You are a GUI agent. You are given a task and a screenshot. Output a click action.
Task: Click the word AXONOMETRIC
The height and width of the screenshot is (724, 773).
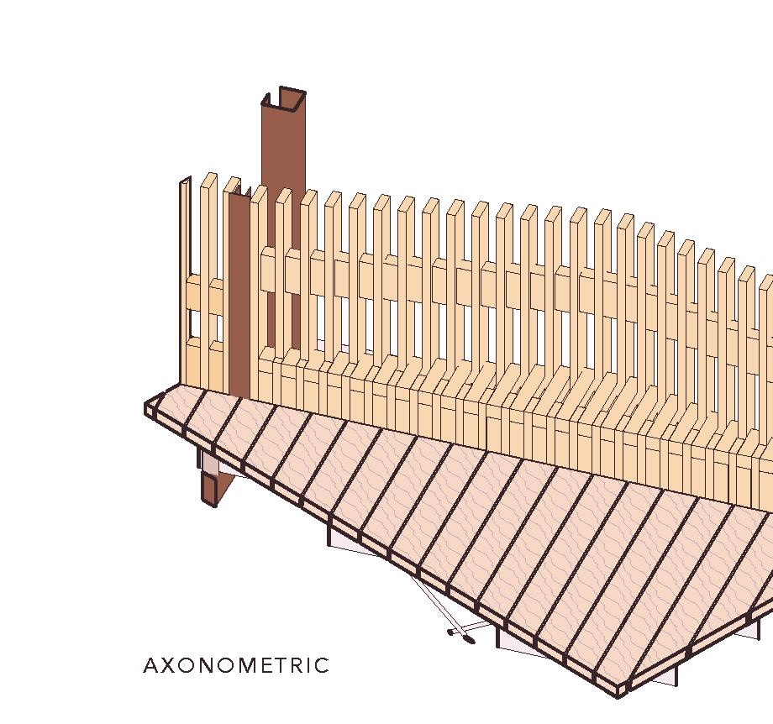pyautogui.click(x=236, y=666)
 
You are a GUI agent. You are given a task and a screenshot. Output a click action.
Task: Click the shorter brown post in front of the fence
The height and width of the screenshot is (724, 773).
pyautogui.click(x=239, y=294)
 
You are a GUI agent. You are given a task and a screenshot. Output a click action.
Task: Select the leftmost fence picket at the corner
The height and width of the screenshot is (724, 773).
pyautogui.click(x=185, y=277)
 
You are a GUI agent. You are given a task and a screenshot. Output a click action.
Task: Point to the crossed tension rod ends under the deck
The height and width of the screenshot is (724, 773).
pyautogui.click(x=460, y=635)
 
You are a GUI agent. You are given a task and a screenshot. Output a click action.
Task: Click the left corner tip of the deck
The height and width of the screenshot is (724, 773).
pyautogui.click(x=149, y=409)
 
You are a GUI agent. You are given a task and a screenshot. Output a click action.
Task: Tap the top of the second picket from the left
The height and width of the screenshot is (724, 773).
pyautogui.click(x=209, y=178)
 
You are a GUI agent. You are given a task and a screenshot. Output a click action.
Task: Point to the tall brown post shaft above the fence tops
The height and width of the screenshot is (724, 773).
pyautogui.click(x=282, y=143)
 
